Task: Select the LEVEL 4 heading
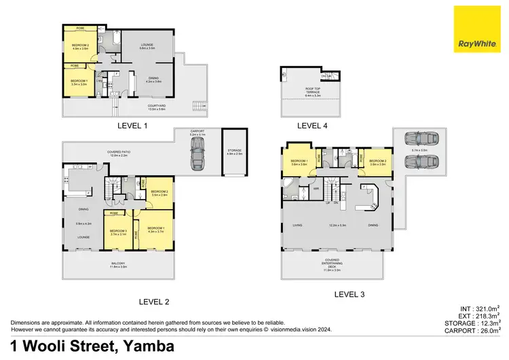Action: [312, 126]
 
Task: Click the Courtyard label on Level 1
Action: [157, 105]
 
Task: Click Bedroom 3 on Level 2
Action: [118, 232]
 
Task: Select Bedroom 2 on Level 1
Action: [80, 47]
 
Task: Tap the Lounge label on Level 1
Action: [148, 46]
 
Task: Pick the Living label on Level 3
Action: [297, 225]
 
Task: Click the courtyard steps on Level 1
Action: [197, 107]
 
